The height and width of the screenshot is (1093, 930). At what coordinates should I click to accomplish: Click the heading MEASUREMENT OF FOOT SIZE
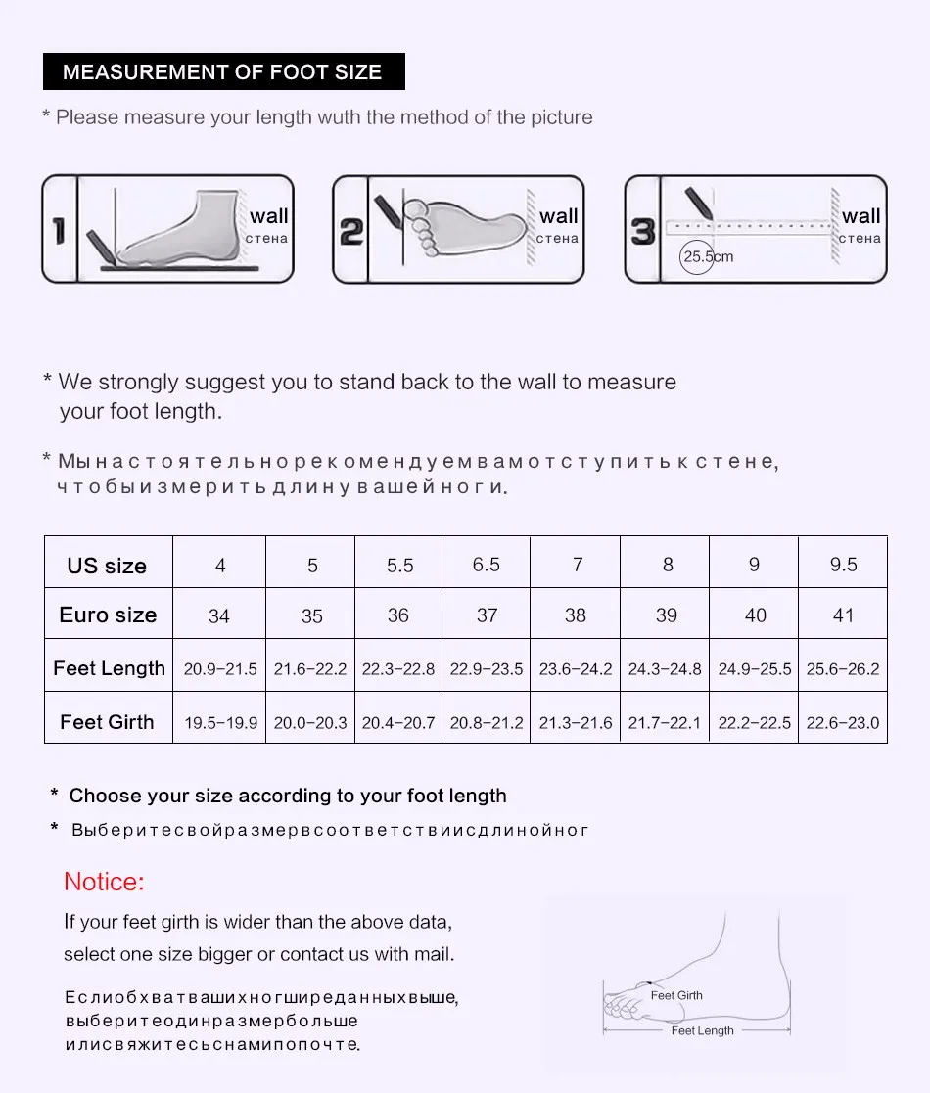tap(222, 72)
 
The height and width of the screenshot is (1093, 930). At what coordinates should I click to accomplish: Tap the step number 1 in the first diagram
tap(59, 231)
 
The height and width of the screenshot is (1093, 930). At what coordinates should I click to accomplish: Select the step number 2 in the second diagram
tap(350, 231)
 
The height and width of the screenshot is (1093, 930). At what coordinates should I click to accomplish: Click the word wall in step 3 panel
tap(860, 216)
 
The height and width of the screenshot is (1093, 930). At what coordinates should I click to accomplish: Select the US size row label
tap(107, 566)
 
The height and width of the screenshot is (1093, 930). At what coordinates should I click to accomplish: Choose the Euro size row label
tap(108, 615)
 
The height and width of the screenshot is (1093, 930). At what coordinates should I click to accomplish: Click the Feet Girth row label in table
tap(107, 722)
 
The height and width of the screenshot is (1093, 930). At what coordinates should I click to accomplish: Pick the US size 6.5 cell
tap(486, 565)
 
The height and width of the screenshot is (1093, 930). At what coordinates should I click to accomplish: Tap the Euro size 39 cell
tap(666, 615)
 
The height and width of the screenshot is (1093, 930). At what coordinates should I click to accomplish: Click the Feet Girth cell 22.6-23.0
tap(842, 723)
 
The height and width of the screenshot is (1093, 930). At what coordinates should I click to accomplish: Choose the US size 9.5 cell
tap(843, 565)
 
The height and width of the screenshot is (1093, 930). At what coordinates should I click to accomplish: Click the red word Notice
tap(104, 882)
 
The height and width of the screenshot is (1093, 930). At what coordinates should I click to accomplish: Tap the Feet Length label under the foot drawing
tap(702, 1030)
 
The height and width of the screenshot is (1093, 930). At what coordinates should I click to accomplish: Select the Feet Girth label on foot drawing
tap(676, 995)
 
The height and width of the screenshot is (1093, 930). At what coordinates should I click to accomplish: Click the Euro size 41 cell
tap(843, 615)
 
